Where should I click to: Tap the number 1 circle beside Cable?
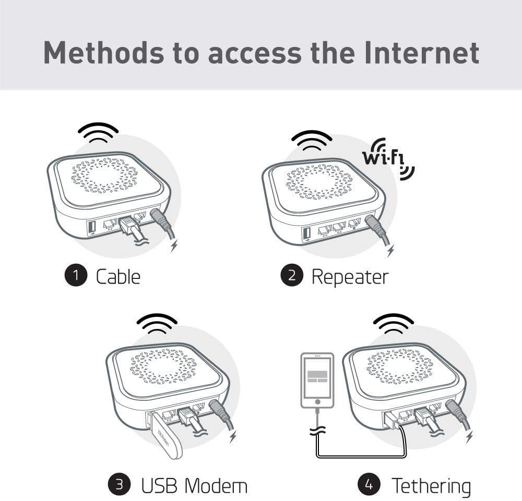[x=76, y=275]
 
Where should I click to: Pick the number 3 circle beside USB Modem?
[x=119, y=484]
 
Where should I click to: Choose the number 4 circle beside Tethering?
[x=369, y=484]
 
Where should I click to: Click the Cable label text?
[x=118, y=276]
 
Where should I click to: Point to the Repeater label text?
[x=350, y=276]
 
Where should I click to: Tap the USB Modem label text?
[x=194, y=485]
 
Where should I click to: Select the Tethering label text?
[x=431, y=485]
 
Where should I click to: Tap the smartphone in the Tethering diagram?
[x=317, y=380]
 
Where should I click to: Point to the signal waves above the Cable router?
[x=98, y=132]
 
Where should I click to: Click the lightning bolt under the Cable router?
[x=174, y=246]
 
